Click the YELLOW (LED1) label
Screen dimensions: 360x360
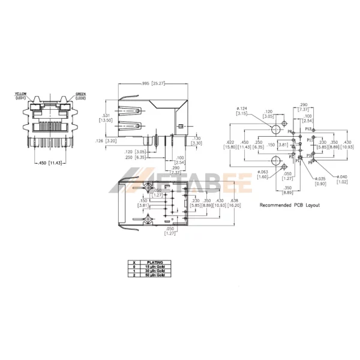click(21, 95)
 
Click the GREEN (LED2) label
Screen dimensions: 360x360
click(80, 95)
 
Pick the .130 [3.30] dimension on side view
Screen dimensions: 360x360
click(198, 140)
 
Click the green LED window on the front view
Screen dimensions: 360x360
click(67, 106)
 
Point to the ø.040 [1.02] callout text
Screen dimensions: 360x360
click(343, 181)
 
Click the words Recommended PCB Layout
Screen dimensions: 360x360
click(289, 205)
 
